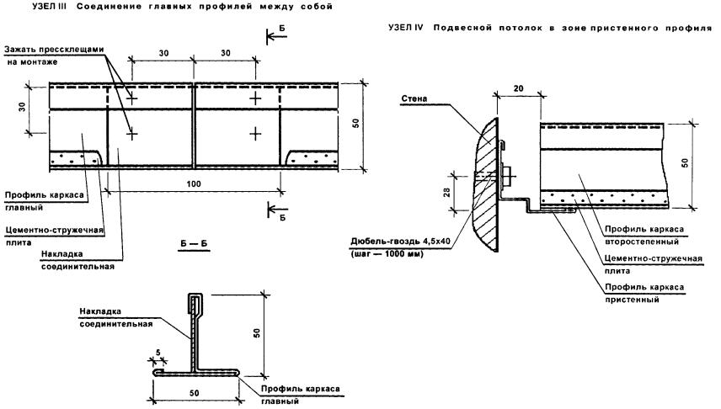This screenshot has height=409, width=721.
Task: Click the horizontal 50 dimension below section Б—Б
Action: click(x=195, y=393)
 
